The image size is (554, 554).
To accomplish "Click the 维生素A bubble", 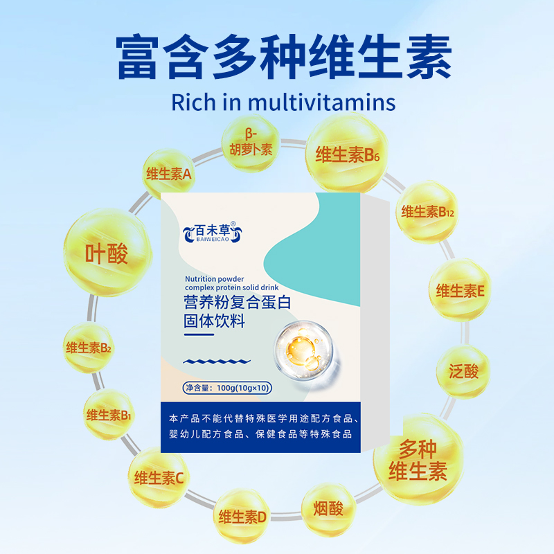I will pos(168,175).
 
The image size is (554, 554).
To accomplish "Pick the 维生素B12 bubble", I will pos(428,212).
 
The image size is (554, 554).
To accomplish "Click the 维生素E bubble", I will pos(459,290).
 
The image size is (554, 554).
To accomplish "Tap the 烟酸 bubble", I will pos(328,510).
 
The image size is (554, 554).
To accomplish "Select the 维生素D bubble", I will pos(242,516).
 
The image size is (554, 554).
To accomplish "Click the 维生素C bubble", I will pos(159,477).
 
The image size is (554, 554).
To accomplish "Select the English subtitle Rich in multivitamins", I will pos(283,102).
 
